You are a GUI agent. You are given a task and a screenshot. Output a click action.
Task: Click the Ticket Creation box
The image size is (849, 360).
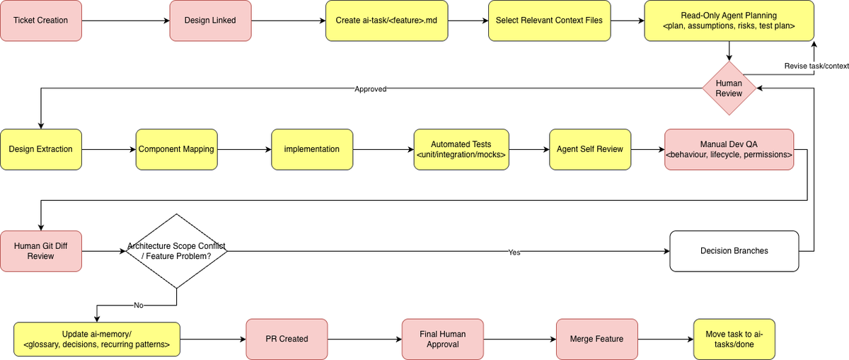(x=41, y=21)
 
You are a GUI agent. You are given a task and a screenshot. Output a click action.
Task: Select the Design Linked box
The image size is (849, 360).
(x=210, y=21)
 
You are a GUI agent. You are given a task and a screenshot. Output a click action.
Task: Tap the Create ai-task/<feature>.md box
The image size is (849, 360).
(x=386, y=21)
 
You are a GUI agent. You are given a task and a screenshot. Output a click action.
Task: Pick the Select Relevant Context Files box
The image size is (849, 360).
(x=549, y=21)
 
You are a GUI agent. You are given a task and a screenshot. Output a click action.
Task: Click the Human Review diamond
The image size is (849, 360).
(x=729, y=88)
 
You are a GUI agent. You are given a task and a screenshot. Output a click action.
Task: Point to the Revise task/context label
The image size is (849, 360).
(x=816, y=66)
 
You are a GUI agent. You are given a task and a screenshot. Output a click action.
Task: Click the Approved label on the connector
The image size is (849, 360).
(x=370, y=89)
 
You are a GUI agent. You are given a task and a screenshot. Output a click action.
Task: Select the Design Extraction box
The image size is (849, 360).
(x=41, y=149)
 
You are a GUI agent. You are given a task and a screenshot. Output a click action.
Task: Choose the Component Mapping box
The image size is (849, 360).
(x=177, y=149)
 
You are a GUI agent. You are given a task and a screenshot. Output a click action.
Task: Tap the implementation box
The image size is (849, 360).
(x=312, y=149)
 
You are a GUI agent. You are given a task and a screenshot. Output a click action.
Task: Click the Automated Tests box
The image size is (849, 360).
(x=461, y=149)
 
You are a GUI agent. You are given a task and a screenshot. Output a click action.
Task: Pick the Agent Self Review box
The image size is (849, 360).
(x=590, y=149)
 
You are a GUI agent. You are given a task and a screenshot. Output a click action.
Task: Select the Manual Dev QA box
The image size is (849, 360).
(x=729, y=149)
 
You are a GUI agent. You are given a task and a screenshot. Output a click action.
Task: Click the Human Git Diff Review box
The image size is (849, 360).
(x=41, y=251)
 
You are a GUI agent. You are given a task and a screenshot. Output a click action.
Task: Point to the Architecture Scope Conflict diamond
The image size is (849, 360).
(x=177, y=251)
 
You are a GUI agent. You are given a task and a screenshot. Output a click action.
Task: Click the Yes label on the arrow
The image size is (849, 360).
(x=514, y=252)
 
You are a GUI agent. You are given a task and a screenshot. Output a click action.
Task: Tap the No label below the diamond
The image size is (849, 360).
(x=139, y=305)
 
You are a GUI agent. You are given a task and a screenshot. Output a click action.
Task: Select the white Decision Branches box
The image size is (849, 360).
(x=734, y=251)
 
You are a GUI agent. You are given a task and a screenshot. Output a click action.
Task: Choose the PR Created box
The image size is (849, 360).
(x=287, y=339)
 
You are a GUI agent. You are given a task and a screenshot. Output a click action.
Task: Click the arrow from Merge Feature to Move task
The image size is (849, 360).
(x=666, y=339)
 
